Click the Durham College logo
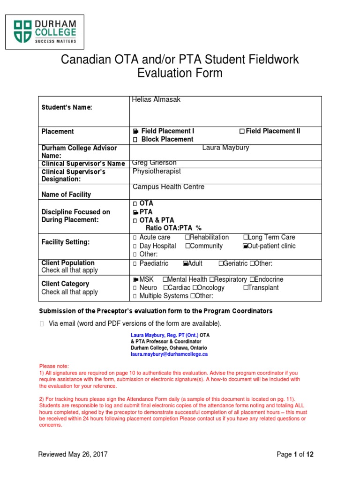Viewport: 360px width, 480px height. [x=45, y=31]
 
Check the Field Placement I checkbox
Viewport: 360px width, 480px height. [x=135, y=131]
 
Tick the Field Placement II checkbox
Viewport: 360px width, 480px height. [x=242, y=131]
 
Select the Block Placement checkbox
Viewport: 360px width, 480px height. [x=135, y=140]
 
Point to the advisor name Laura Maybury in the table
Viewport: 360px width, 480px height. [x=225, y=148]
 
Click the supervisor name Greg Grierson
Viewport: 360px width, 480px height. [x=154, y=163]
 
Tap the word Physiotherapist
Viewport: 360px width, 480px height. [x=157, y=171]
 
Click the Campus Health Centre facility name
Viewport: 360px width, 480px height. [x=168, y=187]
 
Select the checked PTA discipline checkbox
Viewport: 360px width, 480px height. [x=135, y=212]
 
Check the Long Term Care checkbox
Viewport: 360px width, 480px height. [x=246, y=238]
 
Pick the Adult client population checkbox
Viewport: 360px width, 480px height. [x=185, y=264]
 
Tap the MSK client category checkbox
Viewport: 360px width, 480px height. [x=135, y=279]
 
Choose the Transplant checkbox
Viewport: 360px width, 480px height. [x=246, y=288]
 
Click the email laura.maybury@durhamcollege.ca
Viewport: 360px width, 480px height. [x=169, y=354]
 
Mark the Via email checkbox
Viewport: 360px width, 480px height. [x=42, y=324]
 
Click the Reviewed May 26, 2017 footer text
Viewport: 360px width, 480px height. [x=73, y=454]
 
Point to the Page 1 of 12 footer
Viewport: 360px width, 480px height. [x=295, y=454]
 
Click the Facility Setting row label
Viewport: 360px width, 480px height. [x=65, y=242]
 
